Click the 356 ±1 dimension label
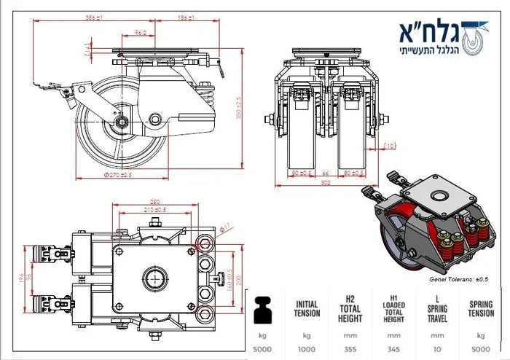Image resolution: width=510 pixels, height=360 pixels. [x=93, y=16]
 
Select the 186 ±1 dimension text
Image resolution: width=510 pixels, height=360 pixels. [x=185, y=16]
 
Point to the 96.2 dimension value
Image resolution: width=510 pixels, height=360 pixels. [x=141, y=32]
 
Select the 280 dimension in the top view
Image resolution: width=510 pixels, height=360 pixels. [x=155, y=202]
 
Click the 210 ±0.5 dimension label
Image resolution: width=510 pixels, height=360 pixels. [x=154, y=210]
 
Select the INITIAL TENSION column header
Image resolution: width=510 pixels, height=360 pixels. [x=307, y=309]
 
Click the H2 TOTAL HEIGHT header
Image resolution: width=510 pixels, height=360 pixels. [x=350, y=309]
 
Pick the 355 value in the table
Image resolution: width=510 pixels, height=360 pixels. [x=350, y=348]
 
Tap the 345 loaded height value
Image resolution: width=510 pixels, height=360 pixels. [x=393, y=348]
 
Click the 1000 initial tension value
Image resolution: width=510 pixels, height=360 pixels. [x=307, y=348]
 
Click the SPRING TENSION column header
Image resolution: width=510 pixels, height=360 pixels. [x=481, y=309]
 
